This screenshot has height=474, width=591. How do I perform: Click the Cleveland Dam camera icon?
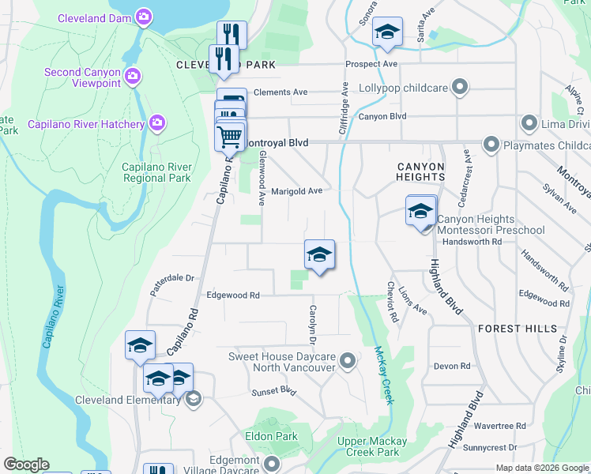pyautogui.click(x=143, y=16)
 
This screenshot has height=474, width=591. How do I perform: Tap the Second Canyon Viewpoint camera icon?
pyautogui.click(x=132, y=76)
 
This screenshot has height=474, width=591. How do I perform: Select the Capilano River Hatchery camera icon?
pyautogui.click(x=157, y=122)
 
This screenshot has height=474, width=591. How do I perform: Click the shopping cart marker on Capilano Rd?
pyautogui.click(x=230, y=136)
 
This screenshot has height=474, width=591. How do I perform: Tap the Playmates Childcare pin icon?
pyautogui.click(x=491, y=145)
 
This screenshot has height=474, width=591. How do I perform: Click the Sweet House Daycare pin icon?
pyautogui.click(x=347, y=363)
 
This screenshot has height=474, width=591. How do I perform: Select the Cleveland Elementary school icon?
pyautogui.click(x=192, y=399)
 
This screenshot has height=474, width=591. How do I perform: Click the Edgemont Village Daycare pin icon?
pyautogui.click(x=272, y=464)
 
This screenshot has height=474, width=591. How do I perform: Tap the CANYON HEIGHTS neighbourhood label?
pyautogui.click(x=420, y=171)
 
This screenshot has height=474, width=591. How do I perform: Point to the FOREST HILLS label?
pyautogui.click(x=517, y=328)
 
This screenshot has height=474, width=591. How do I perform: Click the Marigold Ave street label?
pyautogui.click(x=296, y=191)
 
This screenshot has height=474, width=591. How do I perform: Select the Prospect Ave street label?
pyautogui.click(x=371, y=64)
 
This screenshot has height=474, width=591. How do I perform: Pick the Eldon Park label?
pyautogui.click(x=271, y=436)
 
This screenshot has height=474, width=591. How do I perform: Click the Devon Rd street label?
pyautogui.click(x=452, y=366)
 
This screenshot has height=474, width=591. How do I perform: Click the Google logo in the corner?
pyautogui.click(x=26, y=465)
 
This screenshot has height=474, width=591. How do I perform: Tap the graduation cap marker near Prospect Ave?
pyautogui.click(x=387, y=32)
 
